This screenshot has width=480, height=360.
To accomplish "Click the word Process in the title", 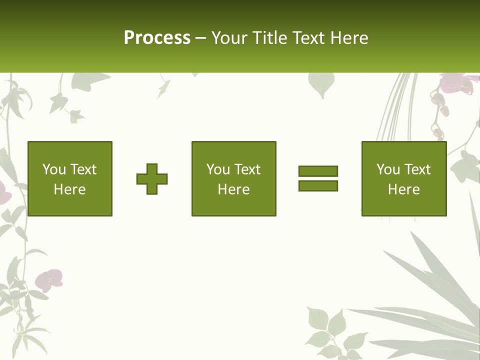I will (x=157, y=38).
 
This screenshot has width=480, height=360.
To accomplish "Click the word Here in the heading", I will (x=349, y=38).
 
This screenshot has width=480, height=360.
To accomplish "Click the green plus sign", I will (x=152, y=178).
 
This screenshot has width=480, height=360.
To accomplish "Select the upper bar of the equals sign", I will (x=318, y=171).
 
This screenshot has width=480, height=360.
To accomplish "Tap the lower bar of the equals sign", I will (x=318, y=185).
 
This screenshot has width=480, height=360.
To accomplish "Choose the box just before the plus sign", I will (x=70, y=178).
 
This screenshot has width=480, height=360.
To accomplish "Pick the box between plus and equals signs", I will (x=234, y=178).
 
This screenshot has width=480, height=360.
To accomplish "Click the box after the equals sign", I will (x=404, y=178).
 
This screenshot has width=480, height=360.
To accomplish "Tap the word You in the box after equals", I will (x=388, y=169).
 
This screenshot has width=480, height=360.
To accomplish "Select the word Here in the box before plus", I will (x=70, y=189).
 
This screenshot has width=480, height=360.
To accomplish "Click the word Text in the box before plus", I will (x=83, y=169).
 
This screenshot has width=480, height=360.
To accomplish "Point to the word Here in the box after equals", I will (x=404, y=189).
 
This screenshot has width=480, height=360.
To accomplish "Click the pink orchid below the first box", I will (x=50, y=279).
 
